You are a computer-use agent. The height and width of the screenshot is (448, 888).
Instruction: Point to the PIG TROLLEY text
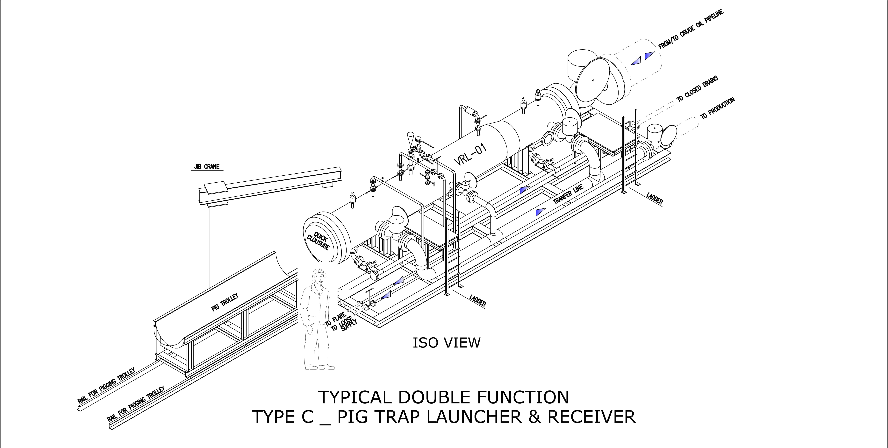coord(225,302)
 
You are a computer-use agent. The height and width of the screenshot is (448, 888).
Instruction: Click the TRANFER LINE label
coord(568,194)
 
